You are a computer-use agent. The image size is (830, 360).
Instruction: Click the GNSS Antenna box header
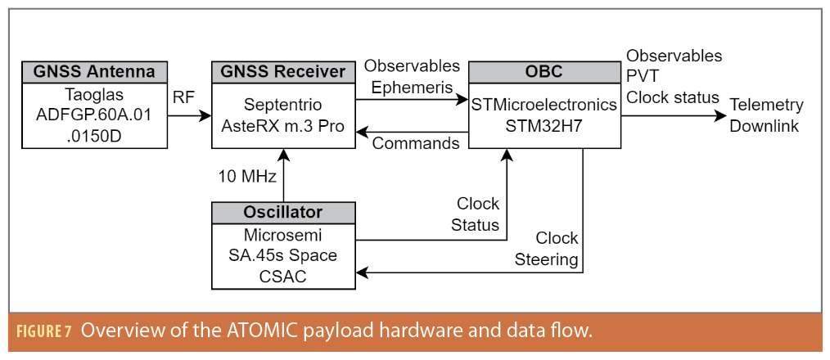pos(94,71)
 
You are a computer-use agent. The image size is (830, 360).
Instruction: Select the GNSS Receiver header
pos(283,71)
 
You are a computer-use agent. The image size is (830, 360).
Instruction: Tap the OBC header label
pos(544,71)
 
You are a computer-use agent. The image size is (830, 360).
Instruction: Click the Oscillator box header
pos(283,212)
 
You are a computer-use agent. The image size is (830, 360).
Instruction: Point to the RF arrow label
pos(183,97)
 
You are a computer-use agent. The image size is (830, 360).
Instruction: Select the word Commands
pos(416,143)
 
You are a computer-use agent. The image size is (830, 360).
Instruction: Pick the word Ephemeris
pos(412,85)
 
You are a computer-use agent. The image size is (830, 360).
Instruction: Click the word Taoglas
pos(94,93)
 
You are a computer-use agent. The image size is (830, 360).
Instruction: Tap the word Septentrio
pos(283,106)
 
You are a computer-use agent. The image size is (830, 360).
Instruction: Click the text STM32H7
pos(544,124)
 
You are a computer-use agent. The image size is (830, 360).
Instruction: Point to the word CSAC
pos(283,276)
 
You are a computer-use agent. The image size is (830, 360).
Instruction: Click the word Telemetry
pos(766,106)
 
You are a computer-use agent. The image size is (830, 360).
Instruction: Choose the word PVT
pos(643,77)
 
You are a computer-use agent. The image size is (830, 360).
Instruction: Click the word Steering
pos(547,260)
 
